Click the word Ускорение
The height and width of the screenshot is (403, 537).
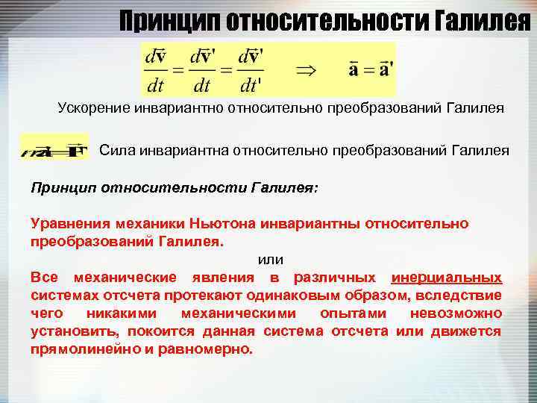click(95, 109)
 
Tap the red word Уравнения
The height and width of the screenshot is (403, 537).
click(69, 223)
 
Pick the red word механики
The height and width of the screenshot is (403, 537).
click(149, 223)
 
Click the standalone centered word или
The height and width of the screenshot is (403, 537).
click(270, 260)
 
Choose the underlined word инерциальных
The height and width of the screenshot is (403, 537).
click(447, 278)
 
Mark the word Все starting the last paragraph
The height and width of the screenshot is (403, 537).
click(44, 278)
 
